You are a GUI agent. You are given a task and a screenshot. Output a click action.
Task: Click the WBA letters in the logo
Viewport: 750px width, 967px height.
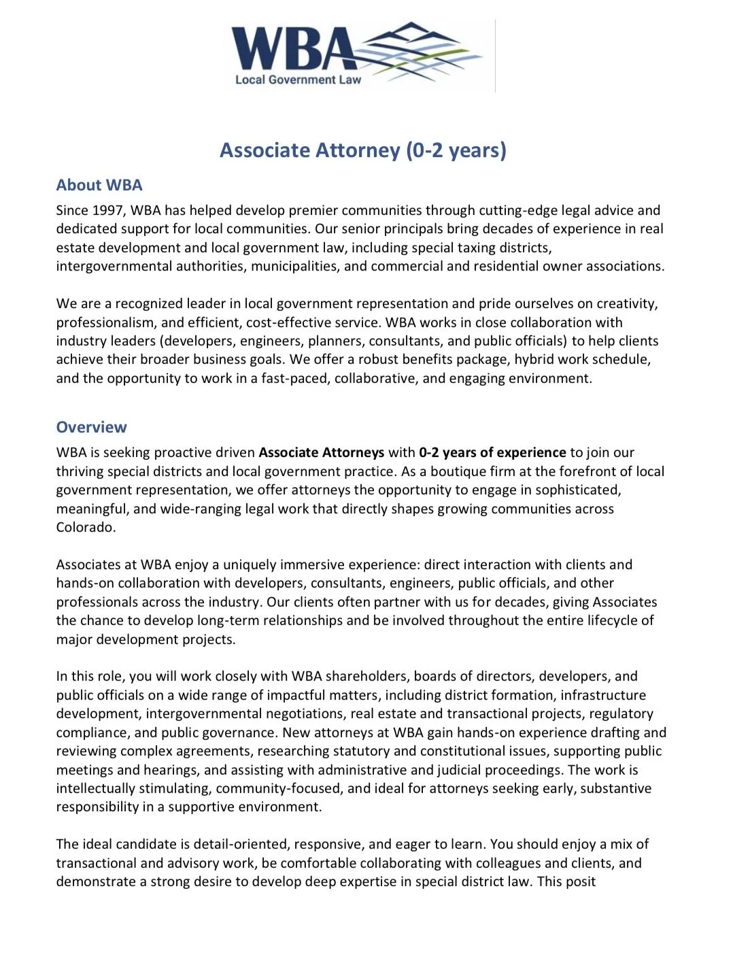[x=292, y=48]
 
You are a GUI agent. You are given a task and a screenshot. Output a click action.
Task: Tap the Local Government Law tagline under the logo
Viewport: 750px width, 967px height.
[x=298, y=80]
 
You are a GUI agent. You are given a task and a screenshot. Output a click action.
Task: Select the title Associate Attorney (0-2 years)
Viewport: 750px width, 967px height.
[x=362, y=150]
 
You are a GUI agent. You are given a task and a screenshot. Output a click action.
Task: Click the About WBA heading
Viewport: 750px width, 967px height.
[x=99, y=185]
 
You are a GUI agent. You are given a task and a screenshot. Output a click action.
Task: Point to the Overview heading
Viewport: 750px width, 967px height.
[x=91, y=427]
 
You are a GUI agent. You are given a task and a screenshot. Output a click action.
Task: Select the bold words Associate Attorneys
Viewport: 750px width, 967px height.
[x=321, y=453]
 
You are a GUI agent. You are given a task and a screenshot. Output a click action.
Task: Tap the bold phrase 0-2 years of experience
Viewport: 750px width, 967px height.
[x=492, y=453]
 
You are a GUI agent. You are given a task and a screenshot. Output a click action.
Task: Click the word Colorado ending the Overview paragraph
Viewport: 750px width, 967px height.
[x=85, y=528]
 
